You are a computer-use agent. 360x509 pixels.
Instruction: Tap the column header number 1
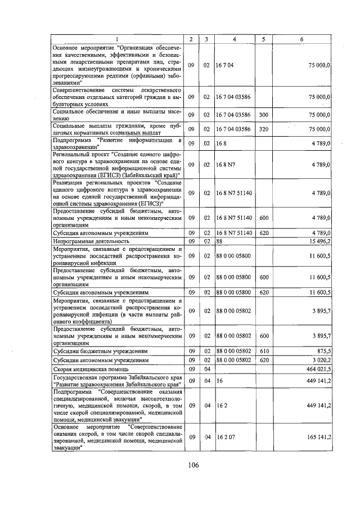click(118, 39)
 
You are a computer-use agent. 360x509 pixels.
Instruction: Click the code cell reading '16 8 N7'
click(225, 165)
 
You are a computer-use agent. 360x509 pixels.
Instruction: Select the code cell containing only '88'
click(219, 241)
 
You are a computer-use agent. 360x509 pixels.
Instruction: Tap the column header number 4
click(234, 39)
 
